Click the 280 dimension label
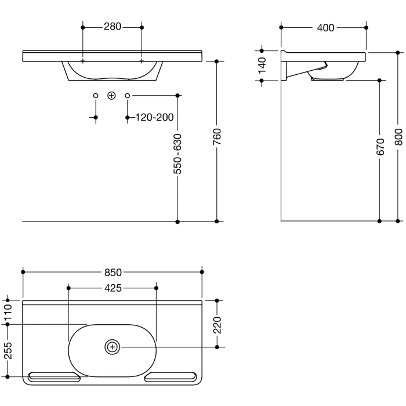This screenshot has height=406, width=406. click(x=113, y=27)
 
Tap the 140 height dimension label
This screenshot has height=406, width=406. click(x=262, y=64)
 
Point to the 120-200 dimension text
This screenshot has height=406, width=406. click(x=154, y=118)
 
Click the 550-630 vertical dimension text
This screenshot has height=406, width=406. click(x=178, y=154)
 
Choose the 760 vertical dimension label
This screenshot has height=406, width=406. click(x=217, y=138)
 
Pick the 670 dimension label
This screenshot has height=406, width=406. click(x=380, y=148)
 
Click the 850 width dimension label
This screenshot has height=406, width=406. click(x=113, y=271)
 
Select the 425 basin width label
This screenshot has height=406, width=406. click(x=113, y=288)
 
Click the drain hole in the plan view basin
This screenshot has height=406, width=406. click(x=112, y=347)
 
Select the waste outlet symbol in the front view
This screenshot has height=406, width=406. click(x=112, y=95)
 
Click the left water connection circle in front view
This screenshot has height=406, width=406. click(x=96, y=95)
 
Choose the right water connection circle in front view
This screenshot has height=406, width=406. click(x=128, y=95)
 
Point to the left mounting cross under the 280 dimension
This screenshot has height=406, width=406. click(x=83, y=61)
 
